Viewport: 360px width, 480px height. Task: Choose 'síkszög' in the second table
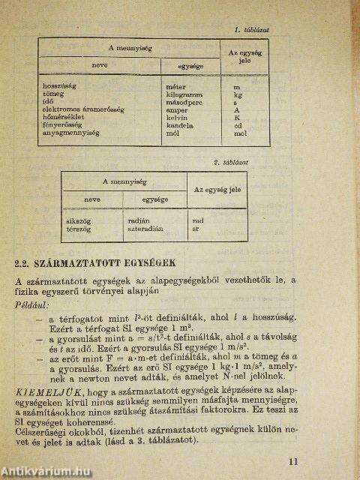78,222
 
